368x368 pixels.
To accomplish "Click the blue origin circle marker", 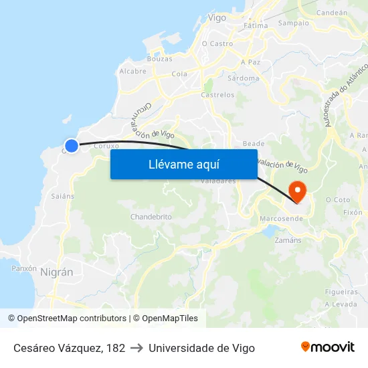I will [72, 145].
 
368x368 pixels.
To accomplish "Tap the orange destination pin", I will [296, 191].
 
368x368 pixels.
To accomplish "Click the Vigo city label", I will [217, 18].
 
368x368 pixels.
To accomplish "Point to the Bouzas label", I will [159, 59].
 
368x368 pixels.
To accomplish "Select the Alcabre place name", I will [132, 71].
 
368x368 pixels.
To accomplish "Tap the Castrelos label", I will [217, 95].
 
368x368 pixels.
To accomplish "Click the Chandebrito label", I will [151, 217].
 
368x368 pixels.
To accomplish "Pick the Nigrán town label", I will [57, 272].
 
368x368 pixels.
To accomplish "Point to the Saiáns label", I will [62, 196].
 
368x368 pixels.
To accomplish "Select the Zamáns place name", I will [288, 240].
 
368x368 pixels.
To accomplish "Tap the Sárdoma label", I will [244, 78].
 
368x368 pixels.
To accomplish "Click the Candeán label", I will [331, 12].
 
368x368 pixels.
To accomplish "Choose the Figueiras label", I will [341, 292].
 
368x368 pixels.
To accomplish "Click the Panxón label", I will [24, 268].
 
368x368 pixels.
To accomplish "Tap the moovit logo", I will [327, 347].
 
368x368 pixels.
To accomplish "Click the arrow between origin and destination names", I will [136, 348].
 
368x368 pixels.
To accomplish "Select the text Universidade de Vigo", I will [201, 348].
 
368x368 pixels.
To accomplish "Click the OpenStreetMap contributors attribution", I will [67, 318].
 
